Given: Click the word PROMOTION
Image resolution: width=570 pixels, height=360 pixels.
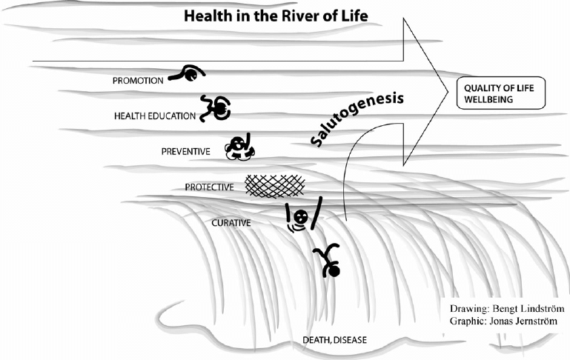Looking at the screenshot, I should tap(137, 81).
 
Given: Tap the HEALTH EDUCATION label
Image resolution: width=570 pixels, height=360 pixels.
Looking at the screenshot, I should tap(154, 116).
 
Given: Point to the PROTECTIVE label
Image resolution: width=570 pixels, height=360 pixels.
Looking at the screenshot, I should tap(210, 187).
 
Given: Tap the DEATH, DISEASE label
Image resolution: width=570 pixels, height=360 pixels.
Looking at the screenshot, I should tap(334, 340).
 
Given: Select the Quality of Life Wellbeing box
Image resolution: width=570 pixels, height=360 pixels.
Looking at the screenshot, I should tap(500, 93).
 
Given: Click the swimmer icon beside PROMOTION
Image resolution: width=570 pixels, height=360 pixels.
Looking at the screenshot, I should tap(186, 73).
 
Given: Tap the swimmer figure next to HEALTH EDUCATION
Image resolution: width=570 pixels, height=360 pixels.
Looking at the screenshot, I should tap(216, 109).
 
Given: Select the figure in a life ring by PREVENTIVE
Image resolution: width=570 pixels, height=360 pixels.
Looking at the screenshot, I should tap(240, 147).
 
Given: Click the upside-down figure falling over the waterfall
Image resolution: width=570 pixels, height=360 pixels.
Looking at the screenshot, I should tap(328, 261).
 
